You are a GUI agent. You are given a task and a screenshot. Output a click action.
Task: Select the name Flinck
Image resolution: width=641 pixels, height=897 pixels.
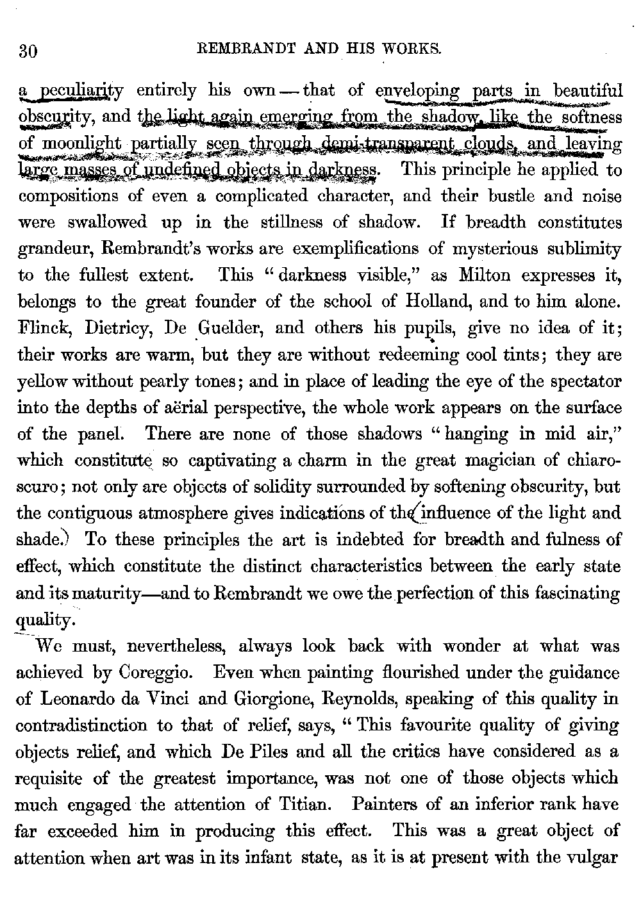point(40,328)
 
